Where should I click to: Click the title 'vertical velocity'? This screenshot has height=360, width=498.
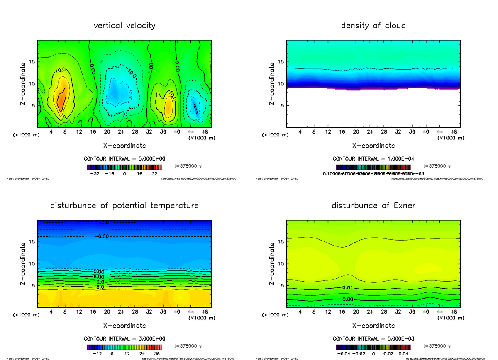coord(124,26)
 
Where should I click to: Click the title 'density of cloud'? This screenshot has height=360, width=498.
coord(373,26)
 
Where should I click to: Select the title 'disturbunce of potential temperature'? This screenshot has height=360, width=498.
coord(124,206)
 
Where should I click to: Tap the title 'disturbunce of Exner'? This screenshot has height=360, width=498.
coord(373,206)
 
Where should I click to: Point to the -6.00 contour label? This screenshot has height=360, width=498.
coord(101,236)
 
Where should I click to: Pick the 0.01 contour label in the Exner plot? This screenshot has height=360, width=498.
coord(348,288)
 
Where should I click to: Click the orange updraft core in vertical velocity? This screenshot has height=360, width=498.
coord(61,100)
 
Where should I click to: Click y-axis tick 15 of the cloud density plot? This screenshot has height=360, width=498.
coord(280,62)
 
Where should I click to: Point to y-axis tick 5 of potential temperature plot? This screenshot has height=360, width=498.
coord(32,285)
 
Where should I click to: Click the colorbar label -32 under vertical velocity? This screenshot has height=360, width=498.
coord(95,173)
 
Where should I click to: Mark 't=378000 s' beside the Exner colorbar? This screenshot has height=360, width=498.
coord(437,346)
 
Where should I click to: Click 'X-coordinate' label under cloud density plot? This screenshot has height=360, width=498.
coord(373,146)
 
